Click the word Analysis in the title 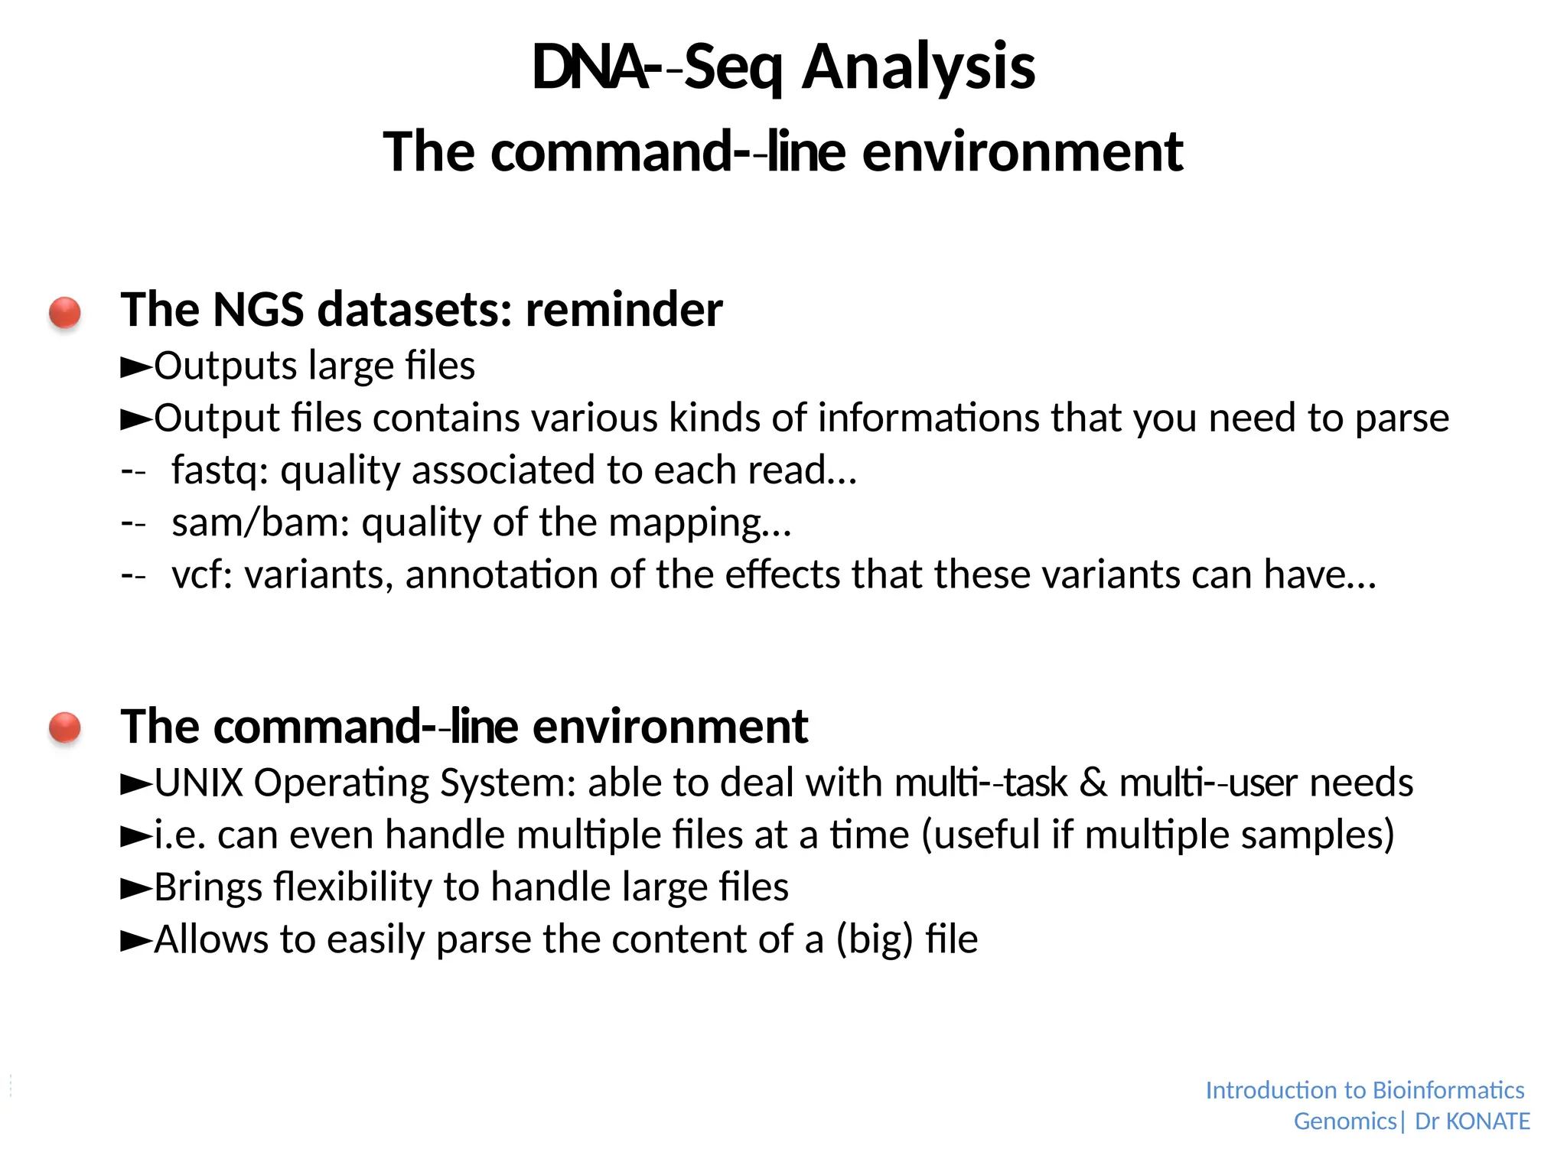point(918,67)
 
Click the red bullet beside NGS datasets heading point(65,312)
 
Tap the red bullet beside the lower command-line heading point(65,727)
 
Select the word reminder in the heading point(624,310)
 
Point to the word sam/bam point(260,522)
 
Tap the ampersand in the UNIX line point(1094,783)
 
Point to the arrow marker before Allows point(136,941)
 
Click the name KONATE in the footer point(1487,1121)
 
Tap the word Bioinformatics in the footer point(1448,1090)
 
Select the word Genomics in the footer point(1345,1121)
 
